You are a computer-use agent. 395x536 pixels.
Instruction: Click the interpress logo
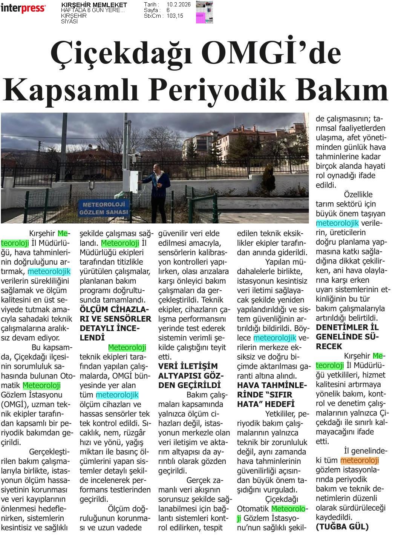[23, 8]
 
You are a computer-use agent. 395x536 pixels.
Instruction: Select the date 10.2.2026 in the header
[178, 5]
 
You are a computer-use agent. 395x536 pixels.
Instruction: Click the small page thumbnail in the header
[204, 12]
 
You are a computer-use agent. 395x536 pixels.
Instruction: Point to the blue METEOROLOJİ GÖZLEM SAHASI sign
[104, 208]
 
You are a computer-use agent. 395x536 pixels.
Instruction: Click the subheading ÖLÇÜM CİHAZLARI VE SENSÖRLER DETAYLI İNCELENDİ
[115, 323]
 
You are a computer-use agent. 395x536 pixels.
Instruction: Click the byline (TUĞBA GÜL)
[342, 527]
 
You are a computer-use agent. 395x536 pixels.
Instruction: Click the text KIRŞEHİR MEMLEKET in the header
[94, 5]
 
